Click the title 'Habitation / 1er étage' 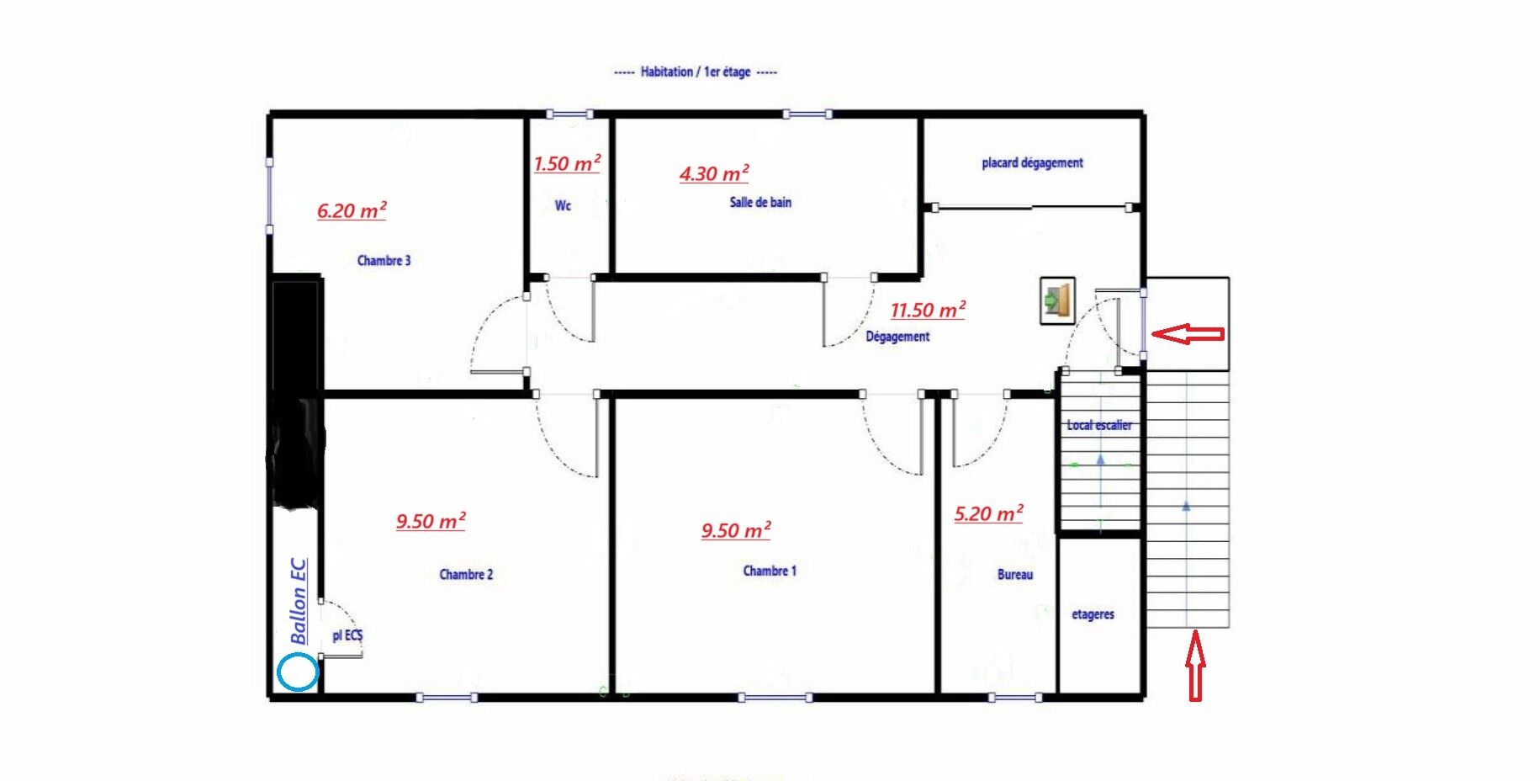click(x=696, y=72)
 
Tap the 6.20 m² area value click(x=352, y=210)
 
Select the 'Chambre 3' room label click(x=384, y=261)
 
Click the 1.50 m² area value click(x=567, y=163)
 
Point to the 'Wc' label click(x=563, y=205)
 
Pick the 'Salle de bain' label click(x=760, y=202)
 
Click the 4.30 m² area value click(x=714, y=173)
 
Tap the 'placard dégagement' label click(x=1032, y=162)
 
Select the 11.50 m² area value click(x=928, y=310)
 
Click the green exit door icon click(x=1057, y=300)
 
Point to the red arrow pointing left click(x=1188, y=334)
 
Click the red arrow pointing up click(x=1195, y=667)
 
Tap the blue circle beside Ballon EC click(x=298, y=672)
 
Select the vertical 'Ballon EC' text click(x=298, y=601)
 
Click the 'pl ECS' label click(x=347, y=635)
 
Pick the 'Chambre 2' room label click(x=466, y=575)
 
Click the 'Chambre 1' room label click(x=769, y=571)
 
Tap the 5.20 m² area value click(x=988, y=513)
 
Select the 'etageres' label click(x=1093, y=614)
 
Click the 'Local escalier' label click(x=1099, y=425)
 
